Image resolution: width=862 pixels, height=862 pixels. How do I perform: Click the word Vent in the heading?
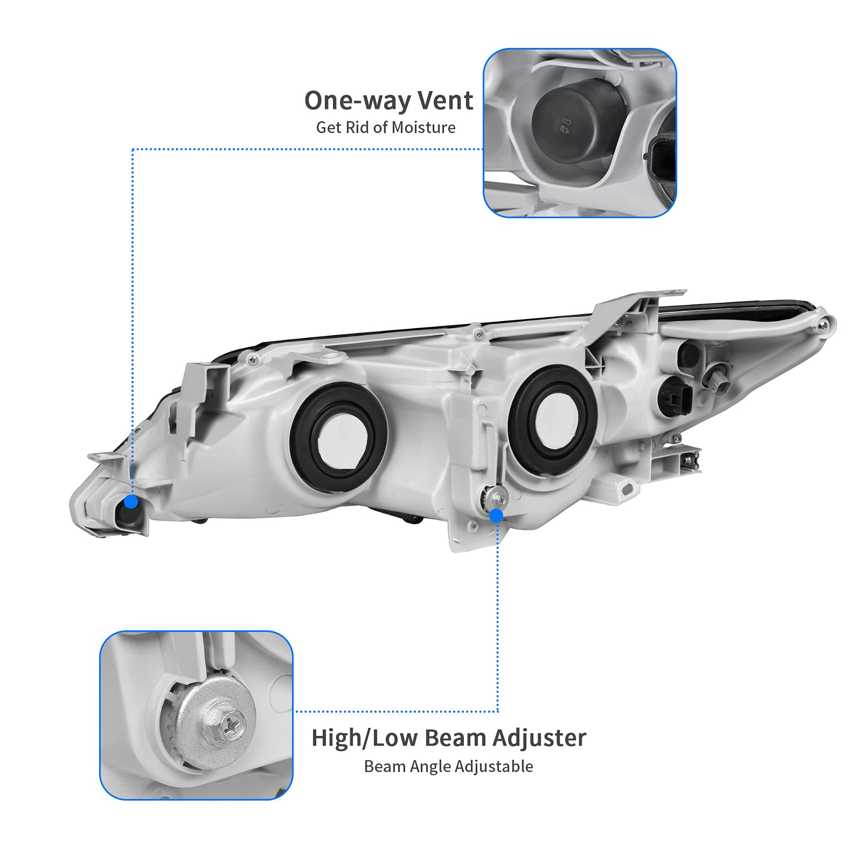tap(446, 101)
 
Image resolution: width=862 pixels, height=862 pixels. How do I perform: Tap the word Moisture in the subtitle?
tap(423, 128)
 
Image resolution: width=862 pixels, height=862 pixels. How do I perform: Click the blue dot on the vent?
tap(131, 502)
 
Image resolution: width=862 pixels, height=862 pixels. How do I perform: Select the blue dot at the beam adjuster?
tap(496, 516)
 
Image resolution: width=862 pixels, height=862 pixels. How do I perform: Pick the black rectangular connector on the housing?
tap(674, 393)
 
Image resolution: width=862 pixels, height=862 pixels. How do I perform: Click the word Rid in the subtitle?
tap(359, 128)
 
